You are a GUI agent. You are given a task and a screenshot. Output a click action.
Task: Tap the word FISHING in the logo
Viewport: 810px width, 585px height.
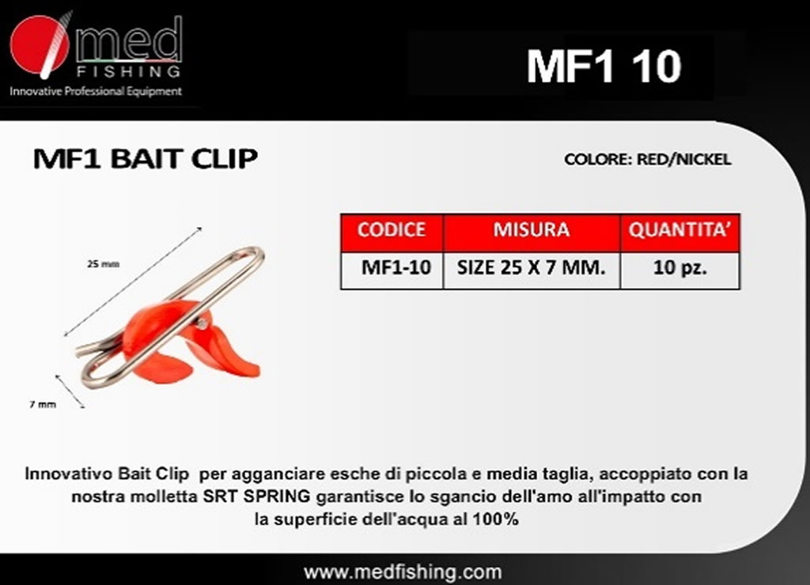129,70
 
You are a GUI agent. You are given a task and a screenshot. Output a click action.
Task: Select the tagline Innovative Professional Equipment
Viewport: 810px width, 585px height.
96,92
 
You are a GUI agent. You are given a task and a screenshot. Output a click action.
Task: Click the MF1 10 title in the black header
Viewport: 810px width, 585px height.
604,66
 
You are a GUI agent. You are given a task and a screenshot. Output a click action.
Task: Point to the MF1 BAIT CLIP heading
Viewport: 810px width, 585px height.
146,159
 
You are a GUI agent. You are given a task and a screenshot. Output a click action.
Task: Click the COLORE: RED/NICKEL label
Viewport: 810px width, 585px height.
648,159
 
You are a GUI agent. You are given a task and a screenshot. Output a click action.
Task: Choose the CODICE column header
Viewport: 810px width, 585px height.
392,230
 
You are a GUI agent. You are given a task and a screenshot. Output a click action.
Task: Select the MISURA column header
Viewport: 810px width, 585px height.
531,230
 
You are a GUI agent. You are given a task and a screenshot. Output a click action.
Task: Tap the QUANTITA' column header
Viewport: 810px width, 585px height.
679,230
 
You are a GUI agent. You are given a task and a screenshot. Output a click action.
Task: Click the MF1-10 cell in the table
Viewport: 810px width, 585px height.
396,267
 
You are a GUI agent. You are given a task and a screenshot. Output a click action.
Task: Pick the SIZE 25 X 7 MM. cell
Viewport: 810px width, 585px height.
531,267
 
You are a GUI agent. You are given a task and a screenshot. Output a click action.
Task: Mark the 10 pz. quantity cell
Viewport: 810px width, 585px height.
679,267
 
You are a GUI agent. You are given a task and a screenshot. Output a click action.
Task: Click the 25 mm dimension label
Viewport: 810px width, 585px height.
104,264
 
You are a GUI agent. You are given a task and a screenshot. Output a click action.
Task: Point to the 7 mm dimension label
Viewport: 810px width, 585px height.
43,404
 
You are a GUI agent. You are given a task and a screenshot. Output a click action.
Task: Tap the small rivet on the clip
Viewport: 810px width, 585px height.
202,324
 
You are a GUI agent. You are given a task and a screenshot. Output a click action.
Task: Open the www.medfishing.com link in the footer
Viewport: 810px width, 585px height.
403,572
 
